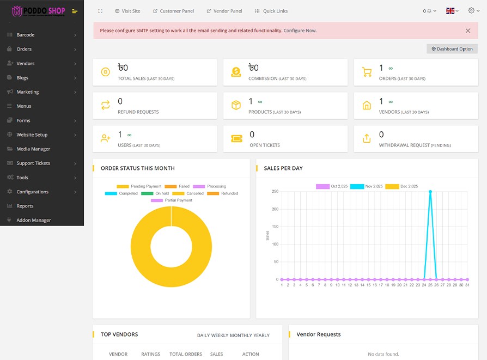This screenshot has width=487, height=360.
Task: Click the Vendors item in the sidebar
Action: click(25, 64)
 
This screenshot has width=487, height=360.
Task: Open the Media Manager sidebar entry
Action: click(33, 149)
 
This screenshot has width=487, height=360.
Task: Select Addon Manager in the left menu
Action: click(33, 221)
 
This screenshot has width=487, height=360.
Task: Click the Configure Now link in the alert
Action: click(300, 30)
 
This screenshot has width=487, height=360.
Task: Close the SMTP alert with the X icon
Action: click(468, 30)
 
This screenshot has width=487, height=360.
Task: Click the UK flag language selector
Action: click(452, 11)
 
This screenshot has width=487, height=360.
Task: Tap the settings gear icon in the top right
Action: click(472, 10)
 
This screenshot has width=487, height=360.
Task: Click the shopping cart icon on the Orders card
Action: click(367, 72)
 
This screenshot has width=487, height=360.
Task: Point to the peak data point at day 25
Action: click(430, 192)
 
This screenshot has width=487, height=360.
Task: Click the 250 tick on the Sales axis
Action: click(275, 192)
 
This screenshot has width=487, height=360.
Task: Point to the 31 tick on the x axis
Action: click(467, 285)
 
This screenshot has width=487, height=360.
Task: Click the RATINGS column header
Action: click(151, 354)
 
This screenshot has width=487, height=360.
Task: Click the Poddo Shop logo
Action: click(39, 11)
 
